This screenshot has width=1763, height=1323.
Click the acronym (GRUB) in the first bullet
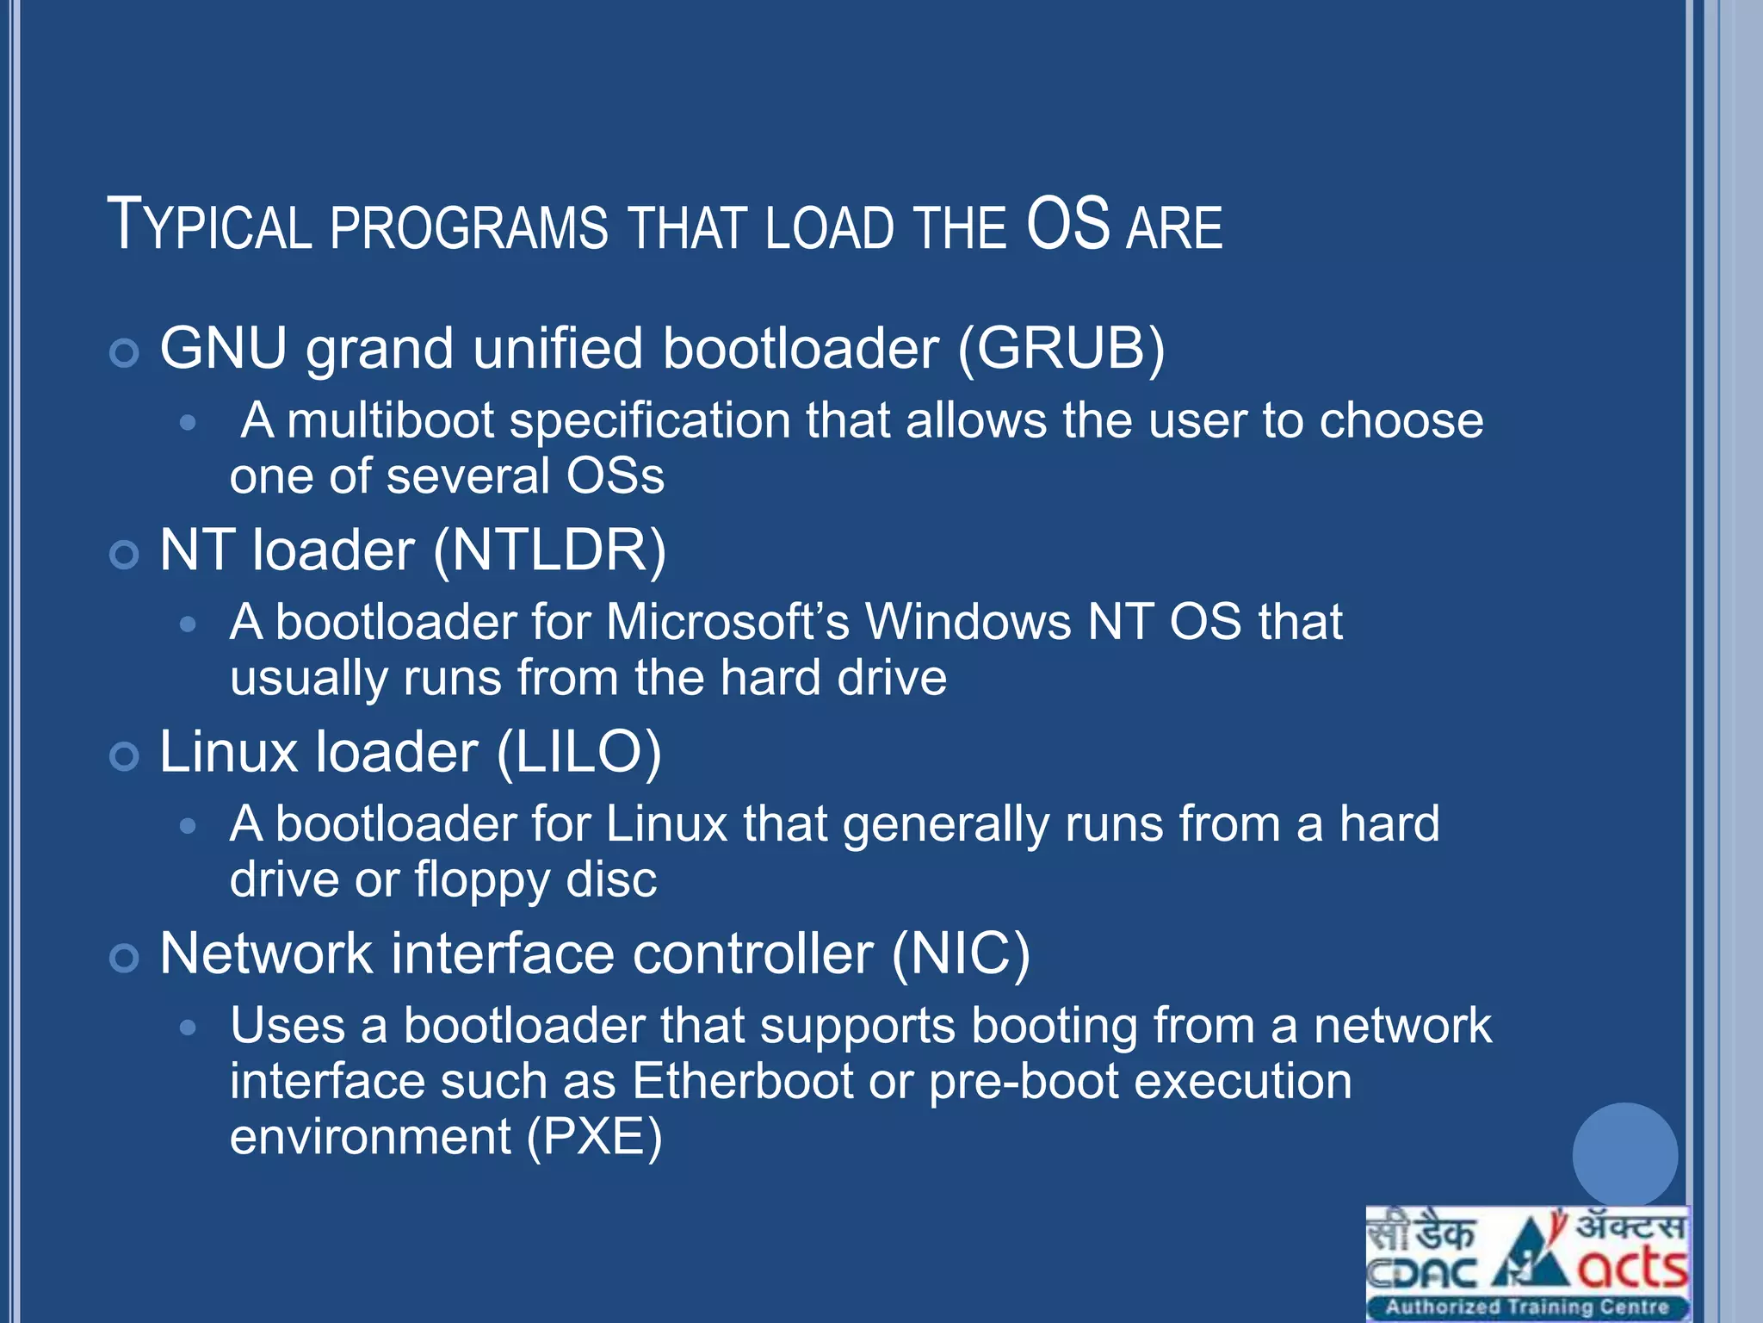click(x=1061, y=349)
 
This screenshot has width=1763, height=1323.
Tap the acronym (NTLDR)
click(x=549, y=550)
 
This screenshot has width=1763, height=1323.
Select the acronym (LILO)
click(x=578, y=753)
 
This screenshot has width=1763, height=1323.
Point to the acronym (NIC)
click(x=961, y=954)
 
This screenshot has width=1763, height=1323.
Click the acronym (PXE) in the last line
click(x=594, y=1137)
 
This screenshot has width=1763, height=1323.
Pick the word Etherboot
click(x=742, y=1082)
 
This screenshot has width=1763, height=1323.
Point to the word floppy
click(x=481, y=880)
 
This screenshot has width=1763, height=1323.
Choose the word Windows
click(x=968, y=622)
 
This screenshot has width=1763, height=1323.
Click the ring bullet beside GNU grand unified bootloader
click(x=125, y=353)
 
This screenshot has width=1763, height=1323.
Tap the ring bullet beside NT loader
click(x=125, y=555)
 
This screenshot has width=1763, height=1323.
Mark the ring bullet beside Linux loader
click(x=125, y=756)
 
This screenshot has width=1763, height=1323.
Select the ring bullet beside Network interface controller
click(x=125, y=958)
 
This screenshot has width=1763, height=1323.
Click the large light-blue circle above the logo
click(x=1624, y=1155)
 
